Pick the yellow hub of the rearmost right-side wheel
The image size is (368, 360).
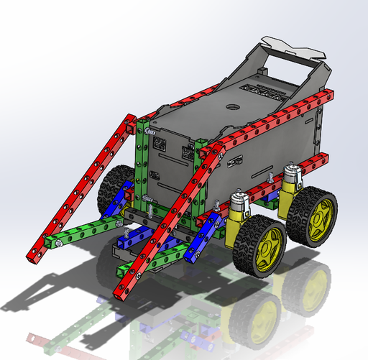tap(317, 213)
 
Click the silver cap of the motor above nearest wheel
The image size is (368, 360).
tap(237, 196)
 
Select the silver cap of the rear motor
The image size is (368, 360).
tap(292, 170)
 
